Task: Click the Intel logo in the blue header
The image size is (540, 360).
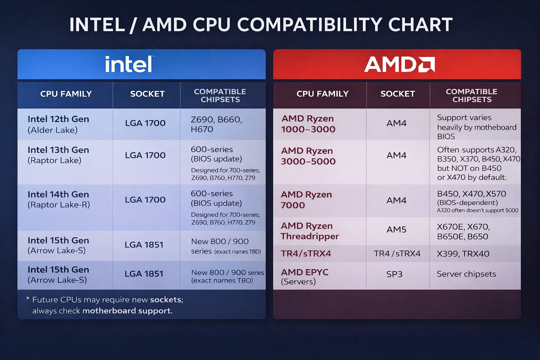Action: tap(129, 64)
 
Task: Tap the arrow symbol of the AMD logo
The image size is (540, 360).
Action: tap(426, 65)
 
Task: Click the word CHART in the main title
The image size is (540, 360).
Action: tap(420, 25)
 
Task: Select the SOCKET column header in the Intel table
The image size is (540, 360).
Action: tap(147, 94)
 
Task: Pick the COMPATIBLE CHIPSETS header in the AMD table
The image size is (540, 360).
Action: tap(471, 96)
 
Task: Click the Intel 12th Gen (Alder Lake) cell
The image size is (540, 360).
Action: tap(58, 124)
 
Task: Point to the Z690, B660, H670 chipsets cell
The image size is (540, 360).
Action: tap(216, 124)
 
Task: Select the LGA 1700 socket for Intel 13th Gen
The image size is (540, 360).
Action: tap(145, 155)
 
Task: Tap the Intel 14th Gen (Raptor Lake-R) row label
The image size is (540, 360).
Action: tap(59, 199)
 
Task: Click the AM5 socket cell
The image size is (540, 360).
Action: tap(396, 230)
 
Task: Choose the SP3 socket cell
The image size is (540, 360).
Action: tap(394, 274)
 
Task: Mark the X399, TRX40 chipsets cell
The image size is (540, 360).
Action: tap(463, 254)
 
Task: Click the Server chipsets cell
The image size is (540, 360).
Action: tap(466, 274)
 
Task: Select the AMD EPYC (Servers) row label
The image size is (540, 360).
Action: tap(304, 277)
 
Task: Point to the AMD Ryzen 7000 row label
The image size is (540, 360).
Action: tap(306, 200)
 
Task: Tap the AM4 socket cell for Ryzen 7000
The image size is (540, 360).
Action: tap(396, 200)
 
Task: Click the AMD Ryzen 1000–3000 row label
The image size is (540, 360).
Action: tap(308, 124)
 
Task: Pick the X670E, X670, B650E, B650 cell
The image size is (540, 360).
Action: tap(463, 232)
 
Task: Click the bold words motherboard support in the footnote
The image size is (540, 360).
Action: tap(127, 311)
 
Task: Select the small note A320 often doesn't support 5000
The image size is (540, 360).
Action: tap(477, 211)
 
